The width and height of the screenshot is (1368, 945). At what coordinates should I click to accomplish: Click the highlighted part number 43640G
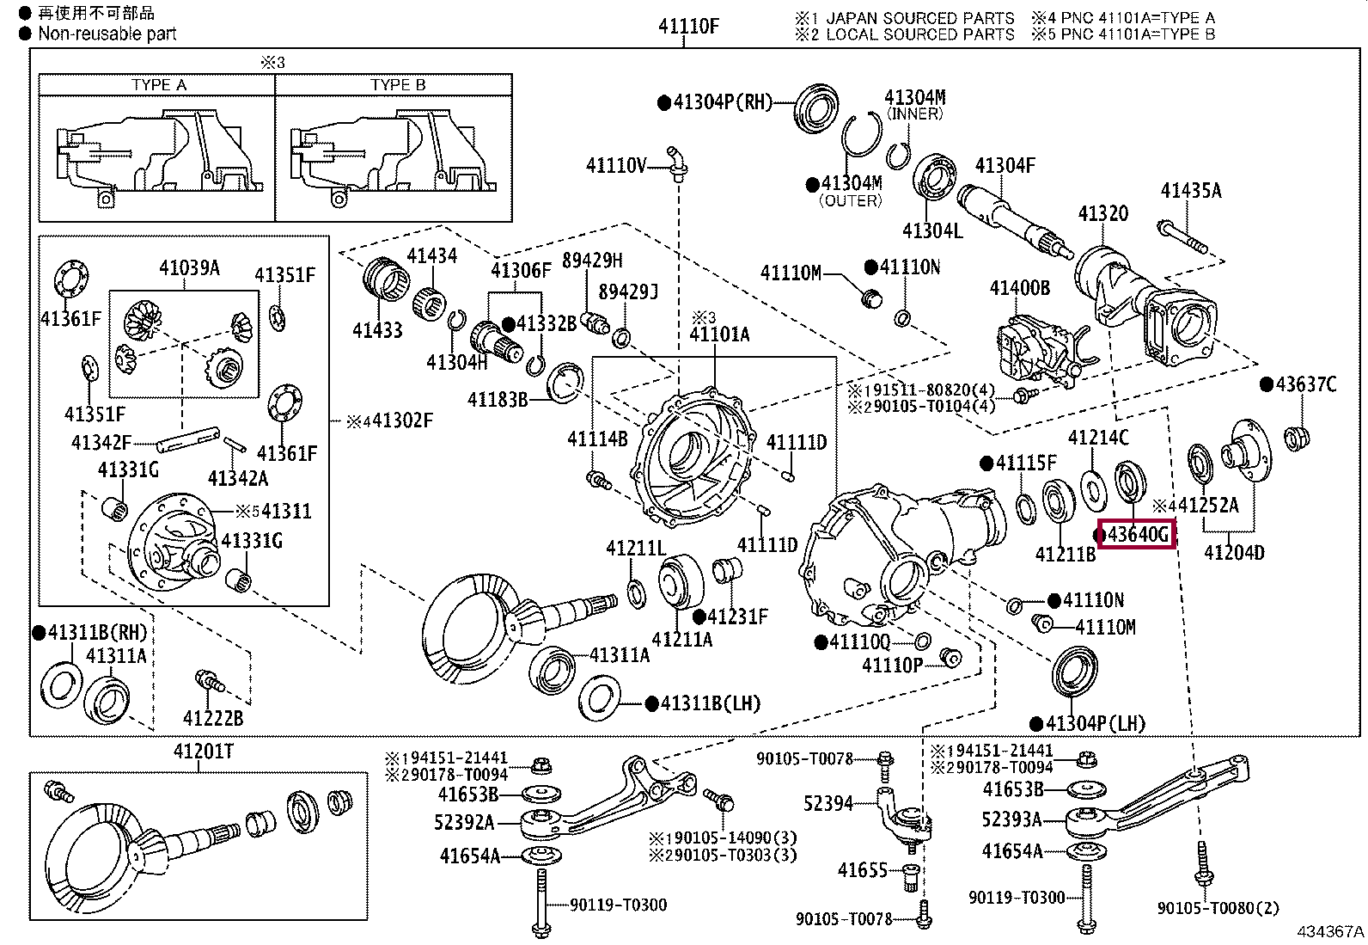coord(1139,535)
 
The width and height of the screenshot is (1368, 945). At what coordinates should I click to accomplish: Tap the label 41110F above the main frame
coord(688,27)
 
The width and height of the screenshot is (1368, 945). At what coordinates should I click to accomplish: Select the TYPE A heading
coord(159,85)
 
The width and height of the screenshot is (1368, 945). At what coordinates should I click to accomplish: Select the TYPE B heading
coord(398,85)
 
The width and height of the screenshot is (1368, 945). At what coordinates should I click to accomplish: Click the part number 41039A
coord(189,267)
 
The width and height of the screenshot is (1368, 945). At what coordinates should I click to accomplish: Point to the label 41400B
coord(1020,287)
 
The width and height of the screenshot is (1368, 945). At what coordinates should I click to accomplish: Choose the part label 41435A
coord(1191,191)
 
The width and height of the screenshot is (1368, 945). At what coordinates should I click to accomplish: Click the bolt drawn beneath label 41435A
coord(1182,237)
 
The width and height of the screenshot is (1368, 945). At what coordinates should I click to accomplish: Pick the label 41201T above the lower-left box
coord(204,751)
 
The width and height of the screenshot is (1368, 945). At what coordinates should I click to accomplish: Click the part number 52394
coord(828,803)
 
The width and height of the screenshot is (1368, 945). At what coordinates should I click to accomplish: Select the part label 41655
coord(863,870)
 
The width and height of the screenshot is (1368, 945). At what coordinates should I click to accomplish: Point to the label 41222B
coord(213,718)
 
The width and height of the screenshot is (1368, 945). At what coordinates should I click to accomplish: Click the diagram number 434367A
coord(1330,931)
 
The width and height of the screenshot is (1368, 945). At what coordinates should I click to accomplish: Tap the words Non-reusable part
coord(107,34)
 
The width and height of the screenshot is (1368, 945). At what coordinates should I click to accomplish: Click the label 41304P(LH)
coord(1096,724)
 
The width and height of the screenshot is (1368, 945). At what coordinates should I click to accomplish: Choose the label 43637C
coord(1306,384)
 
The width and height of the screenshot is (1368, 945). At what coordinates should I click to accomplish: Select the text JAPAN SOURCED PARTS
coord(919,18)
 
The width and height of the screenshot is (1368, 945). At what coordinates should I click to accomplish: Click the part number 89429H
coord(592,261)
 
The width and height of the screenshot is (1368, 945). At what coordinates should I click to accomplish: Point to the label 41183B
coord(498,400)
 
